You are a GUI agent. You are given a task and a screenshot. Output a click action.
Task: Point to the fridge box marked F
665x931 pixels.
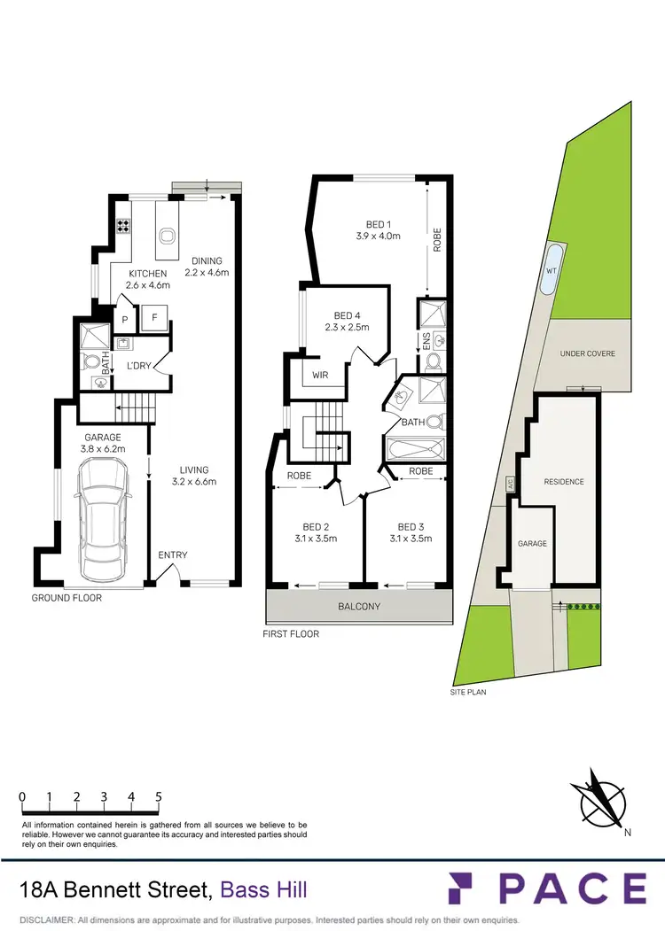pos(153,317)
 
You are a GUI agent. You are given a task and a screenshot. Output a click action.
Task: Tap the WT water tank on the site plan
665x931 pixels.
pos(551,269)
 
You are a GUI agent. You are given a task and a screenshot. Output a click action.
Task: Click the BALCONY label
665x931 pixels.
pos(359,607)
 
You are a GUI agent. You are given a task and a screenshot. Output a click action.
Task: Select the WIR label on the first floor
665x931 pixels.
pos(320,376)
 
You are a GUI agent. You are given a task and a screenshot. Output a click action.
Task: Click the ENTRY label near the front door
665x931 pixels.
pos(173,555)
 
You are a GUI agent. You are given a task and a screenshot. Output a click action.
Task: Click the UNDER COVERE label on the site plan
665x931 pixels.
pos(587,353)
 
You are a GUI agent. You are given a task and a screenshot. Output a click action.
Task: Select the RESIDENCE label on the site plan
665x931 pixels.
pos(564,482)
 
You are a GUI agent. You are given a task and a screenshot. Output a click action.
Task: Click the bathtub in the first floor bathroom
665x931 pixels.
pos(415,449)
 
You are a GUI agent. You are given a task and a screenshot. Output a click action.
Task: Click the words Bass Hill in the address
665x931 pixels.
pos(263,888)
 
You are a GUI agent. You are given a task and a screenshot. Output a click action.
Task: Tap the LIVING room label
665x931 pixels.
pos(193,469)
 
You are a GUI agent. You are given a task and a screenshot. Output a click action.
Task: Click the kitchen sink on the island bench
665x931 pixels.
pos(167,236)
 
